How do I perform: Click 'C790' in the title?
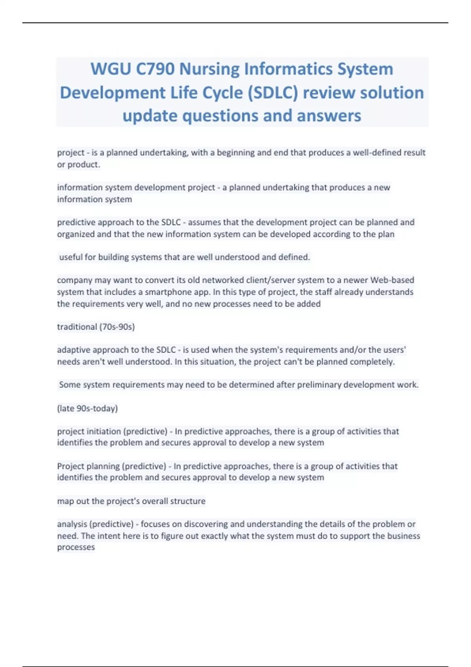[x=155, y=69]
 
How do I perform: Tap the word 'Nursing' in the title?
[x=209, y=69]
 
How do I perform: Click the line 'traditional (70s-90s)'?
[x=96, y=327]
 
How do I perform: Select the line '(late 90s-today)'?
[x=87, y=408]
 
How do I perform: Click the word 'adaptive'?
[x=73, y=350]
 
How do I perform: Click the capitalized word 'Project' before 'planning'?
[x=70, y=466]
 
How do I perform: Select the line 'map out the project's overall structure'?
[x=131, y=501]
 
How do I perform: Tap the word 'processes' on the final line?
[x=76, y=547]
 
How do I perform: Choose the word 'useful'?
[x=71, y=257]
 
